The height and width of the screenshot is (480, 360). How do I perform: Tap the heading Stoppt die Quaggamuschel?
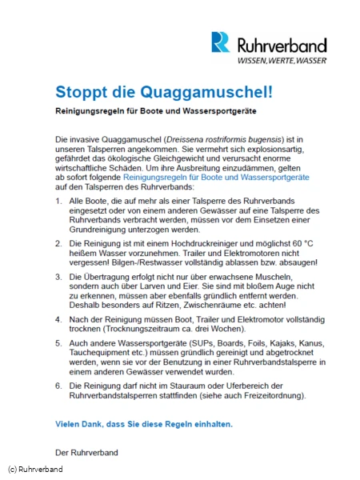pos(164,91)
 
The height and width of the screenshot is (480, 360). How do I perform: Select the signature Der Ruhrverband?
pos(86,452)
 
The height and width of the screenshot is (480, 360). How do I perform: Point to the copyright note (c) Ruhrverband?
pos(35,469)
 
